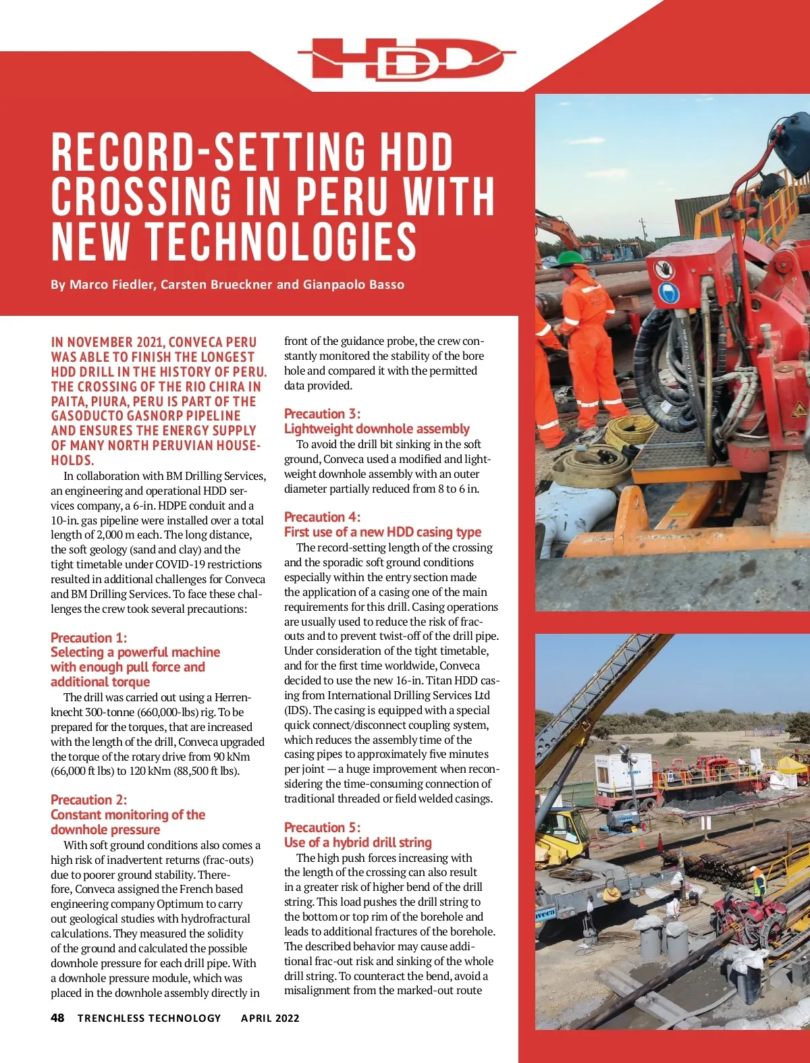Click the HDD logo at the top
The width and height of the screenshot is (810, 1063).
[x=406, y=59]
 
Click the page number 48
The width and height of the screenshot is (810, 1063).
[x=57, y=1018]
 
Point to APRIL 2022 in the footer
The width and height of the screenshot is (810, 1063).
[x=270, y=1018]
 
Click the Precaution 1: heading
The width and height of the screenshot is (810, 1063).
[x=88, y=638]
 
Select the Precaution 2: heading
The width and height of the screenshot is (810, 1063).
[x=88, y=800]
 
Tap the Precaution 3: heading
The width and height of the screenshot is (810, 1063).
[x=322, y=414]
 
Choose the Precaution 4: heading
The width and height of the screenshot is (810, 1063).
[x=322, y=517]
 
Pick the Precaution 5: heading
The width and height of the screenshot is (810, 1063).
[x=322, y=827]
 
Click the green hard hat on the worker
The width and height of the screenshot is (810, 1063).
[x=571, y=258]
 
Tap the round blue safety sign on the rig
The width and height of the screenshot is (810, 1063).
[x=668, y=293]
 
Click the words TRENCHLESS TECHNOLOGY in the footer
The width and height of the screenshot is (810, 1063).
[x=149, y=1018]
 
